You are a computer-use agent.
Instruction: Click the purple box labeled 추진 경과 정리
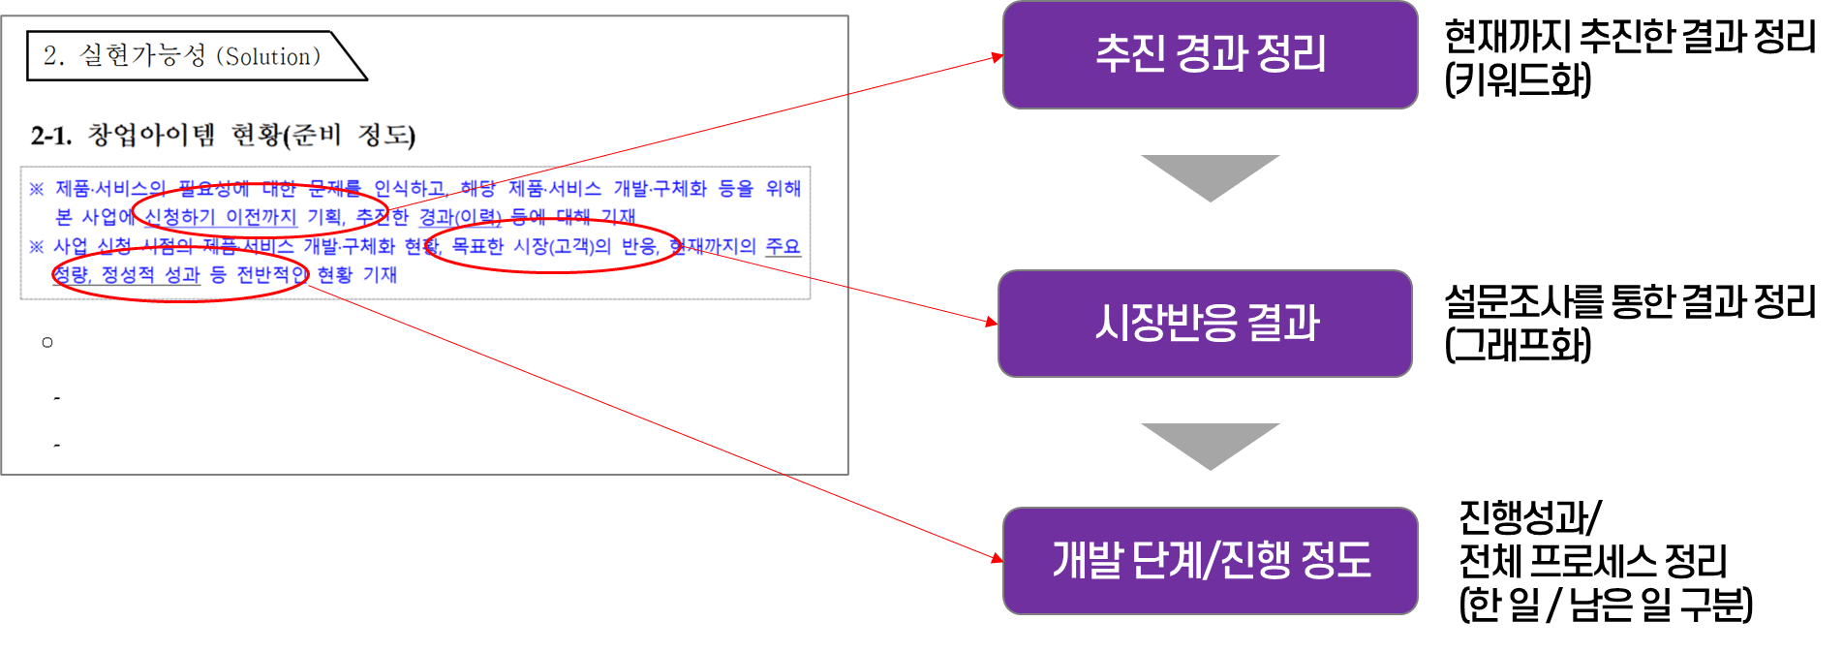pyautogui.click(x=1210, y=54)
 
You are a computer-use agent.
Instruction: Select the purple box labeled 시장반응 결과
pyautogui.click(x=1205, y=323)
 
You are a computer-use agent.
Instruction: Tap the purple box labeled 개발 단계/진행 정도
pyautogui.click(x=1210, y=560)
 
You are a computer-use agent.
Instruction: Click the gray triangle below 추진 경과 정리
pyautogui.click(x=1210, y=175)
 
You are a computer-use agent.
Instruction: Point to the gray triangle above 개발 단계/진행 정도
pyautogui.click(x=1210, y=444)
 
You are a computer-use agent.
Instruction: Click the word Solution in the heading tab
pyautogui.click(x=267, y=57)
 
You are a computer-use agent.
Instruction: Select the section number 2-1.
pyautogui.click(x=50, y=136)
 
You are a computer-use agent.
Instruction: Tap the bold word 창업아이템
pyautogui.click(x=151, y=135)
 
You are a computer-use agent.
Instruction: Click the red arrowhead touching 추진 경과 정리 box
pyautogui.click(x=997, y=58)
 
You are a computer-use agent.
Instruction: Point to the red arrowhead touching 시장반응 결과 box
pyautogui.click(x=991, y=321)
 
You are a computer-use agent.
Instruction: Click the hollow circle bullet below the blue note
pyautogui.click(x=47, y=343)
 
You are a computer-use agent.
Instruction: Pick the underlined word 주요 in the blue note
pyautogui.click(x=783, y=247)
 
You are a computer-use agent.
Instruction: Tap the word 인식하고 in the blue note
pyautogui.click(x=410, y=189)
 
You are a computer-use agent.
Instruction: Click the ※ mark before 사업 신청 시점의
pyautogui.click(x=37, y=247)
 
